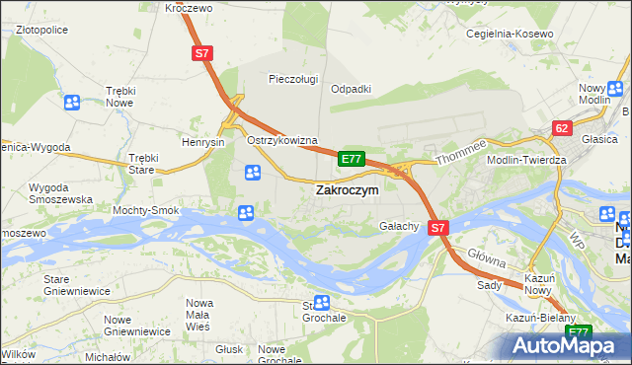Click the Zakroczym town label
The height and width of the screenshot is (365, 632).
point(347,190)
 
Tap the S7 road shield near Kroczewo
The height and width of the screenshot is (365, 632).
point(202,55)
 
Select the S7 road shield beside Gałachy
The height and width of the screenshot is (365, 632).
point(439,227)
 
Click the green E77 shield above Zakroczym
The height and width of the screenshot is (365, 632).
point(353,158)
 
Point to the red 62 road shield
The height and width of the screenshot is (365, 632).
point(562,128)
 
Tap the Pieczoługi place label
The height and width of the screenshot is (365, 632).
point(293,78)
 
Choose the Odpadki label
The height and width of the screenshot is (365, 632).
point(351,89)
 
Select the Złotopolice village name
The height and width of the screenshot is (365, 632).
point(47,30)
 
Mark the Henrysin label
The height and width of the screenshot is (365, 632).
point(204,142)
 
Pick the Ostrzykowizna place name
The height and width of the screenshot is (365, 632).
point(281,141)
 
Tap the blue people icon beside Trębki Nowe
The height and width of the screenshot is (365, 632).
point(72,102)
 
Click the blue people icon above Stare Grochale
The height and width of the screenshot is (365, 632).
point(321,303)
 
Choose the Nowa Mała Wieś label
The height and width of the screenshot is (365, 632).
point(200,310)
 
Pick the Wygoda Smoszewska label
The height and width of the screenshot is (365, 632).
point(60,192)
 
